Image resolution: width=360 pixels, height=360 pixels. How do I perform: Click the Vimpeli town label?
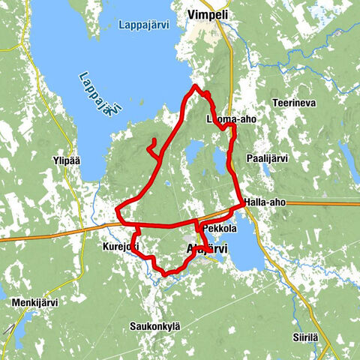(208, 14)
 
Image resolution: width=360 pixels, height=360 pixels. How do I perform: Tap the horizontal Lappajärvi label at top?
(143, 25)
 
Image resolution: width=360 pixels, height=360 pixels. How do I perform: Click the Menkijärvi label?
(35, 302)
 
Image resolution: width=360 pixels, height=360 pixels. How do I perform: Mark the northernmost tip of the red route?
(196, 86)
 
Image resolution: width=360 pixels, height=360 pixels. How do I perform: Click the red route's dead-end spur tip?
(154, 140)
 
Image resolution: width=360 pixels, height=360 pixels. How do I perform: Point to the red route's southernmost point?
(165, 274)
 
